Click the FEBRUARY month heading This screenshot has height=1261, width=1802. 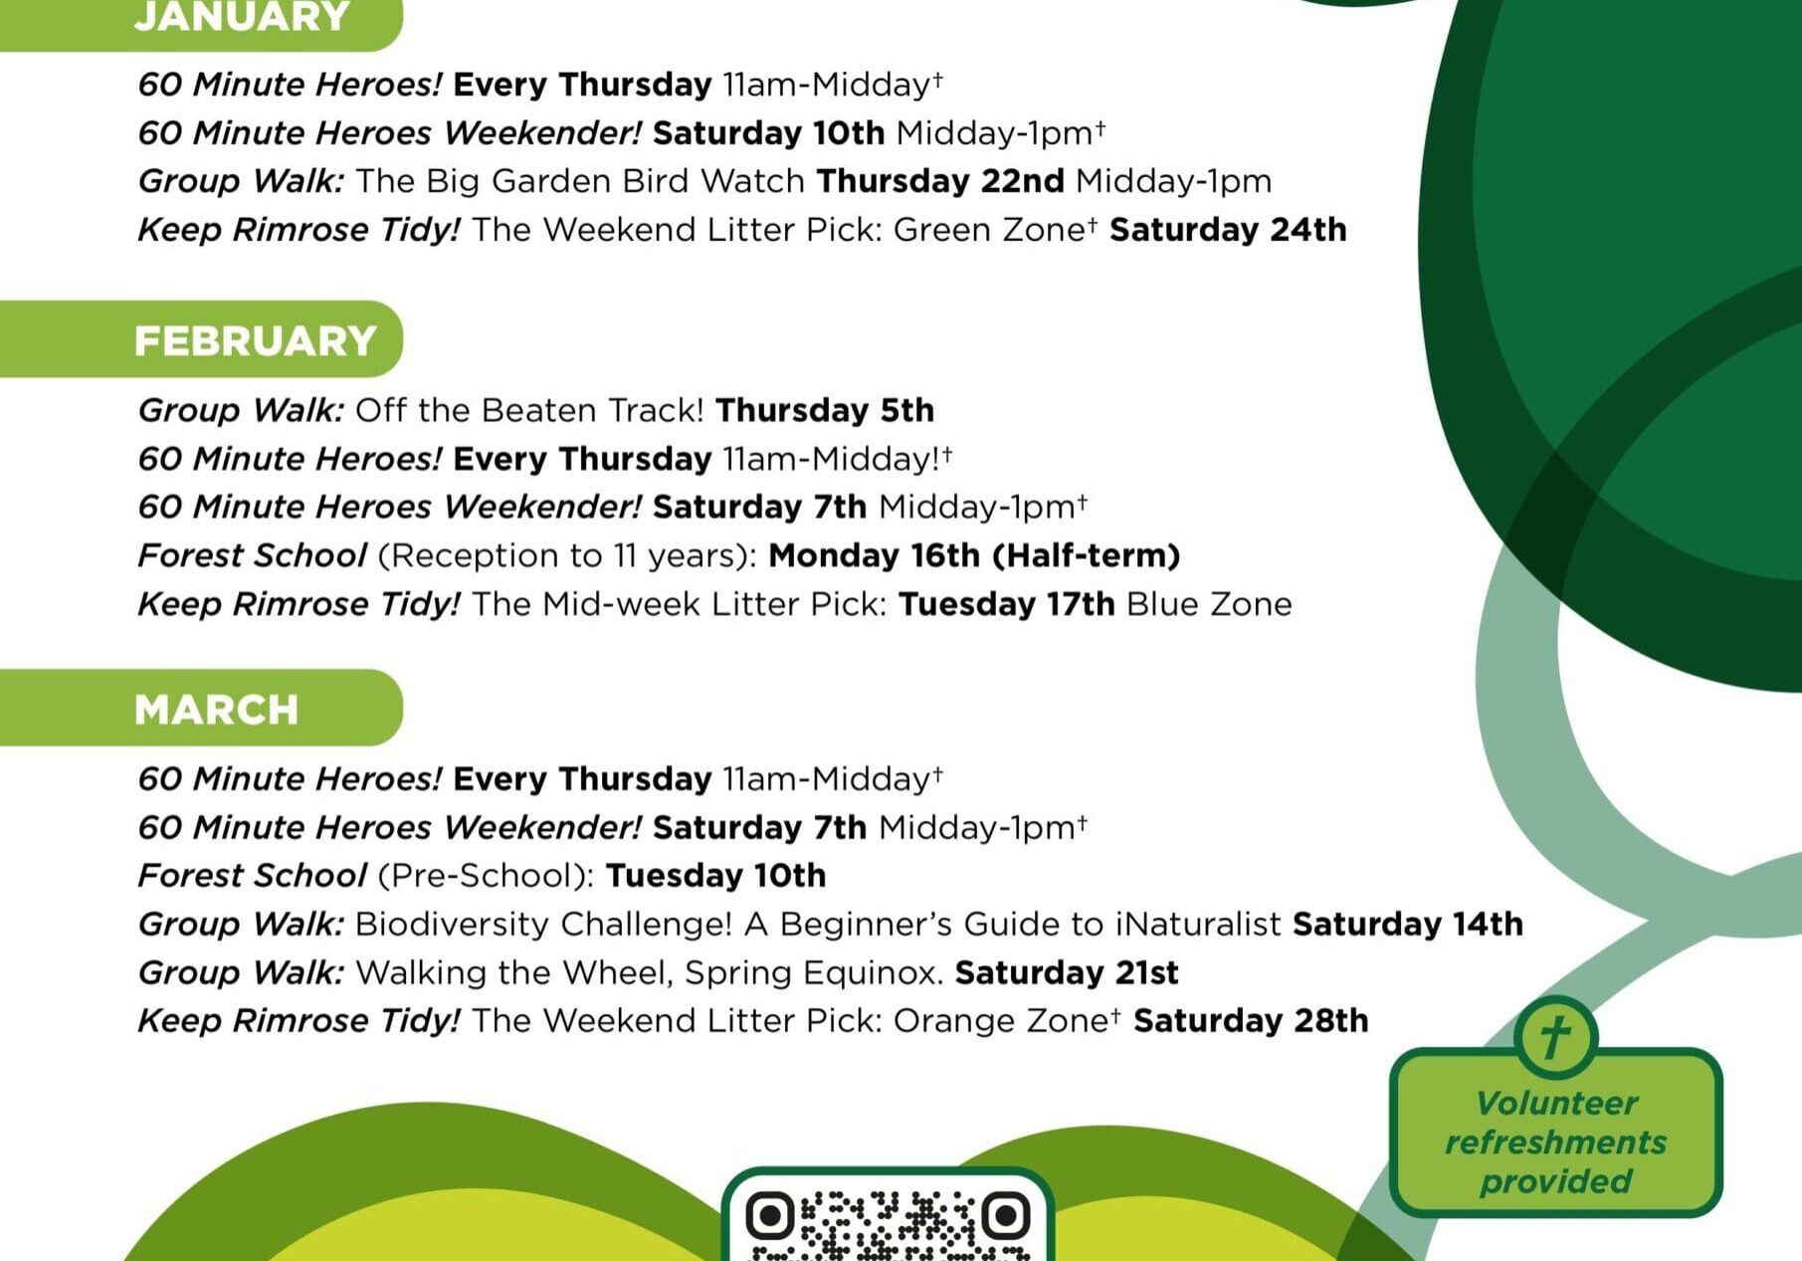(x=255, y=340)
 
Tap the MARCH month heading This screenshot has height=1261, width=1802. (x=216, y=710)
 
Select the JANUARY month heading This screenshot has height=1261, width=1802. (x=242, y=17)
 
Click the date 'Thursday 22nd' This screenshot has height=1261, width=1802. (x=940, y=181)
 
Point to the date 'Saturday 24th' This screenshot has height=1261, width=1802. (x=1228, y=230)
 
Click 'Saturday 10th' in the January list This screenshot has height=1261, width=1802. (x=768, y=133)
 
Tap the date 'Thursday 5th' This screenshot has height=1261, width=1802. (x=825, y=410)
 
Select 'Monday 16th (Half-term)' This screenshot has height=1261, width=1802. (x=974, y=555)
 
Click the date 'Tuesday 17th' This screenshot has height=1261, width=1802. (x=1006, y=604)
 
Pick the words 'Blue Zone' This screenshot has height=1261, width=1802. (x=1209, y=604)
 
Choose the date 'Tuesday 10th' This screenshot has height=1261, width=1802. (x=715, y=876)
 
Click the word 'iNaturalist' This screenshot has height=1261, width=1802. (x=1197, y=925)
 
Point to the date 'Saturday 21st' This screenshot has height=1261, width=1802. (x=1067, y=972)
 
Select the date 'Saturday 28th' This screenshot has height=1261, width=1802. (x=1251, y=1021)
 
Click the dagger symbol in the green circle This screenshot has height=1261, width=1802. (x=1555, y=1037)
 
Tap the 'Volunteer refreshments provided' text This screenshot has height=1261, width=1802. (x=1555, y=1142)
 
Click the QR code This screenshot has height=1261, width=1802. (x=887, y=1224)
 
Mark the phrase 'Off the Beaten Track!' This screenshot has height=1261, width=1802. (x=529, y=410)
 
